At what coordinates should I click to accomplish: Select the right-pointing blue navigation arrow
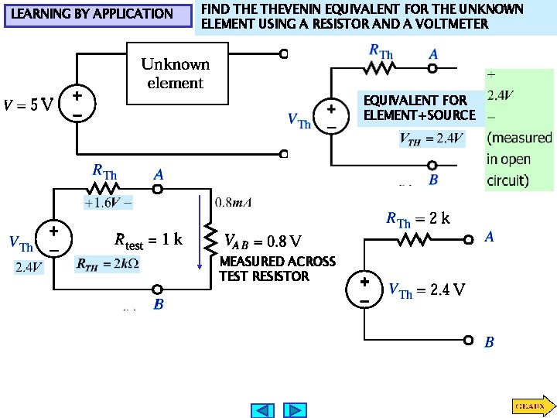click(295, 409)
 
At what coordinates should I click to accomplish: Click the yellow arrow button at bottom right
click(531, 405)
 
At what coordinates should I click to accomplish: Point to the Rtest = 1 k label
click(148, 240)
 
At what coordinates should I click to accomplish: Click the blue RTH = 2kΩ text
click(108, 264)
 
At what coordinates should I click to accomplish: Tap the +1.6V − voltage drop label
click(108, 203)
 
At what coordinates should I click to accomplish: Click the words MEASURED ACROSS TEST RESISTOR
click(277, 269)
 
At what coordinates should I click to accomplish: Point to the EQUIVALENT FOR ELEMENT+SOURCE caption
click(419, 108)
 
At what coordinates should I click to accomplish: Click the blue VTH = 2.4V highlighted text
click(432, 139)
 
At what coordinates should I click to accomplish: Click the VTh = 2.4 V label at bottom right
click(426, 290)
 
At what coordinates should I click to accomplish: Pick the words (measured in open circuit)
click(519, 159)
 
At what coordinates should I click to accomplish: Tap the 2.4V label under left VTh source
click(29, 268)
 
